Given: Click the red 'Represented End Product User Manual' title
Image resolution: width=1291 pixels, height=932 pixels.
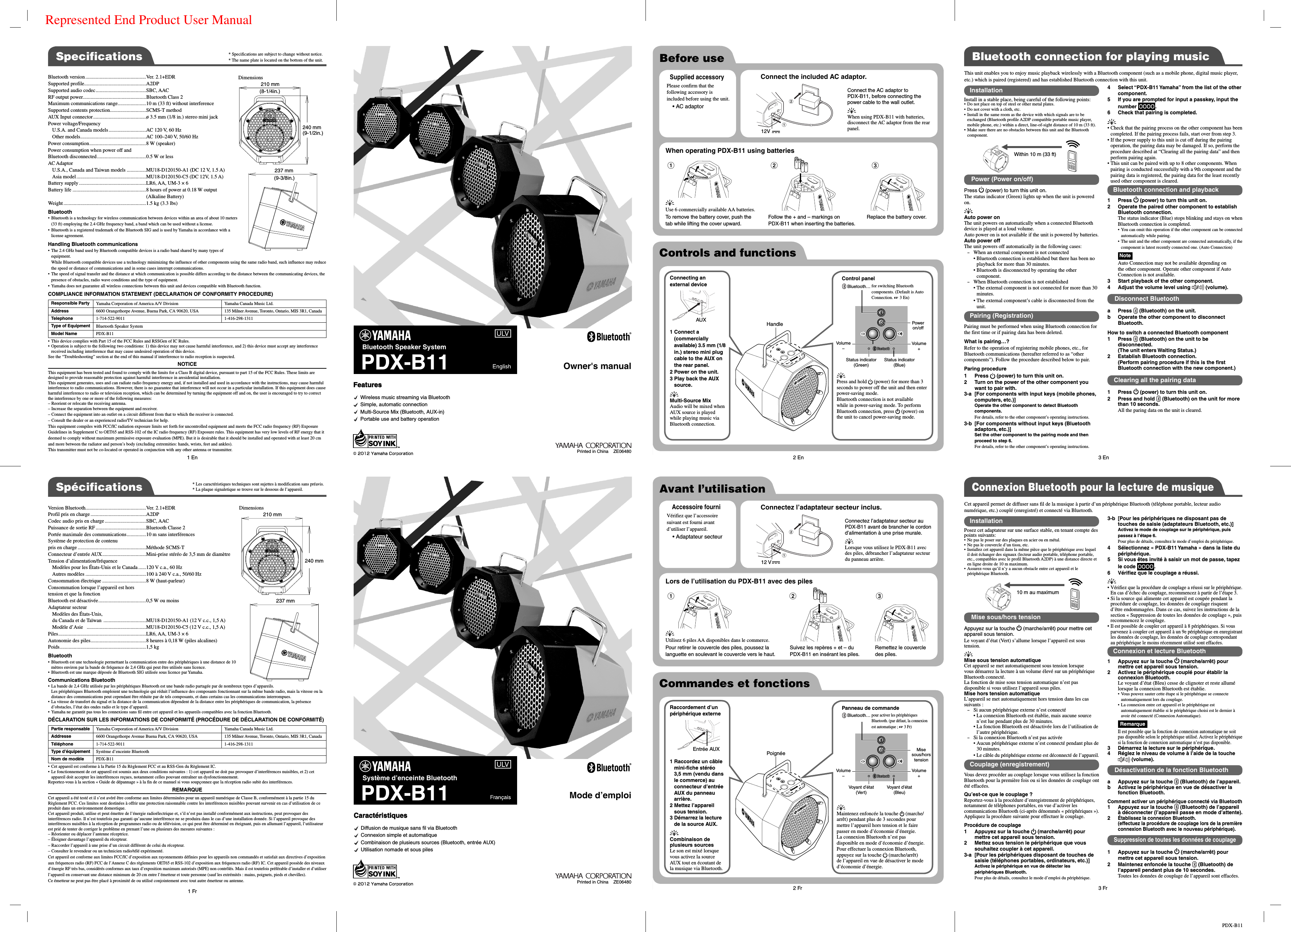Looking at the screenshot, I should (x=148, y=20).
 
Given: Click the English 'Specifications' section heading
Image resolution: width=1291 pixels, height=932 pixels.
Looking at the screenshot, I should (x=99, y=56).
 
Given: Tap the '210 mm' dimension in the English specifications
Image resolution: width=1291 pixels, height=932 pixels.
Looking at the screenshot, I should (x=270, y=84).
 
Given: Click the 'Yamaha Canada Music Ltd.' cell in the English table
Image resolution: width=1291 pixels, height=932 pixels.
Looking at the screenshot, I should (x=249, y=304).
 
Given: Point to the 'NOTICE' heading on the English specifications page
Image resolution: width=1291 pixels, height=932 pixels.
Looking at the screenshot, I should (x=187, y=364).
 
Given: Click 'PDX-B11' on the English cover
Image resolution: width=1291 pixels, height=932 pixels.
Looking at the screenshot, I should (x=404, y=362).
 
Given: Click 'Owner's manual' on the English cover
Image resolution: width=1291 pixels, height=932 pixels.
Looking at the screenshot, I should (x=597, y=366).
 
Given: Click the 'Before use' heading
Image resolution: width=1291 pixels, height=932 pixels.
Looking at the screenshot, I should (x=691, y=58).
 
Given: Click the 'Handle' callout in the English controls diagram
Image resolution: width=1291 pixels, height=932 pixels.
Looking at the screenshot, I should (x=774, y=324).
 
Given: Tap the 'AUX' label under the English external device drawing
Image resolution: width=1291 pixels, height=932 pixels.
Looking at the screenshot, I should (x=701, y=320).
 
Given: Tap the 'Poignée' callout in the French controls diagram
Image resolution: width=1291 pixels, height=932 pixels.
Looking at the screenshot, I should (x=775, y=753).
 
